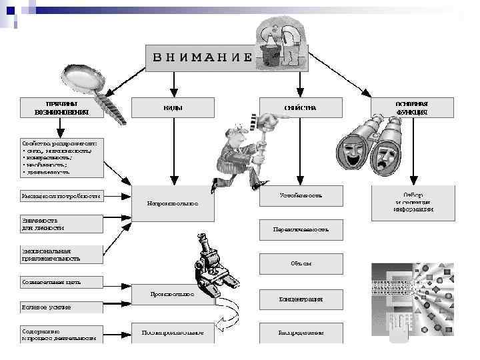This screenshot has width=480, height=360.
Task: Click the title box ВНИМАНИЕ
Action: click(200, 56)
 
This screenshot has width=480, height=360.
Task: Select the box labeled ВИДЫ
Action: click(173, 107)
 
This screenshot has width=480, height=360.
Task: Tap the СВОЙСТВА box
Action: click(300, 107)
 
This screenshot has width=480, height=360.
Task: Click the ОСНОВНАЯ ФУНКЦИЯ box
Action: click(412, 108)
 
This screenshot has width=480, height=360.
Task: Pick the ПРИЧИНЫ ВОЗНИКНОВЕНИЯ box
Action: click(61, 108)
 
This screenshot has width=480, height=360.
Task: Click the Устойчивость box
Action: click(301, 195)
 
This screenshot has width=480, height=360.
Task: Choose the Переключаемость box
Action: click(301, 229)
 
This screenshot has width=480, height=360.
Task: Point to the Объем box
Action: click(301, 263)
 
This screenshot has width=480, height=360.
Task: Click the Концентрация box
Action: click(301, 299)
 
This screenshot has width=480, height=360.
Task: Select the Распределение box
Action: click(301, 332)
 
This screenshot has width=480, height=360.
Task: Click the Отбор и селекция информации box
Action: click(412, 202)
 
